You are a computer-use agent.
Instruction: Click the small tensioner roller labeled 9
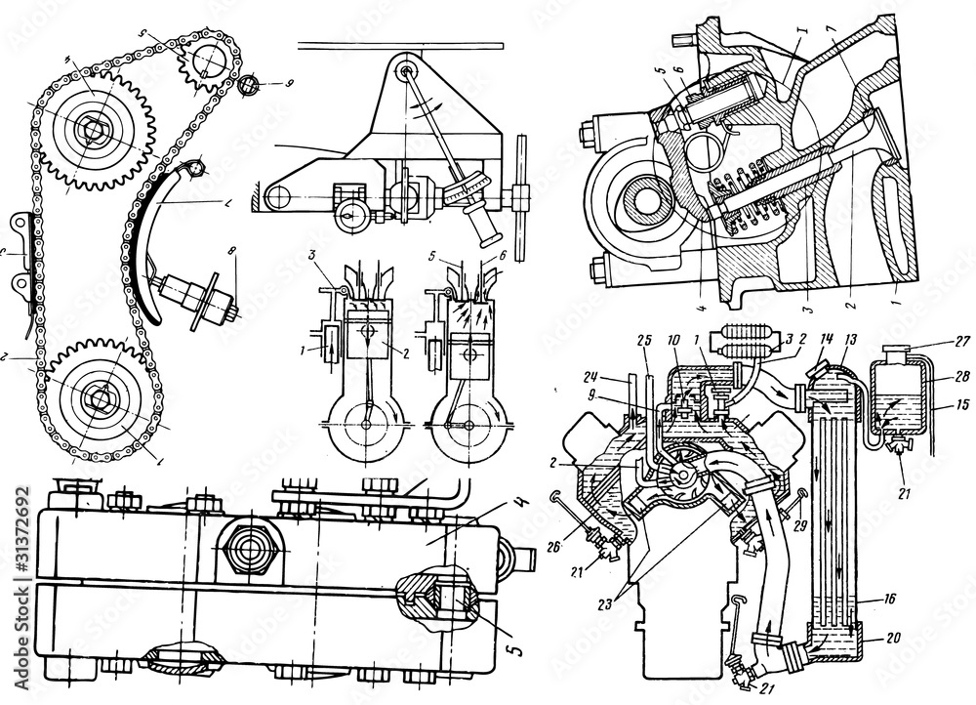(x=250, y=86)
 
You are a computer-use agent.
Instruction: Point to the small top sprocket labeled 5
(x=206, y=59)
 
